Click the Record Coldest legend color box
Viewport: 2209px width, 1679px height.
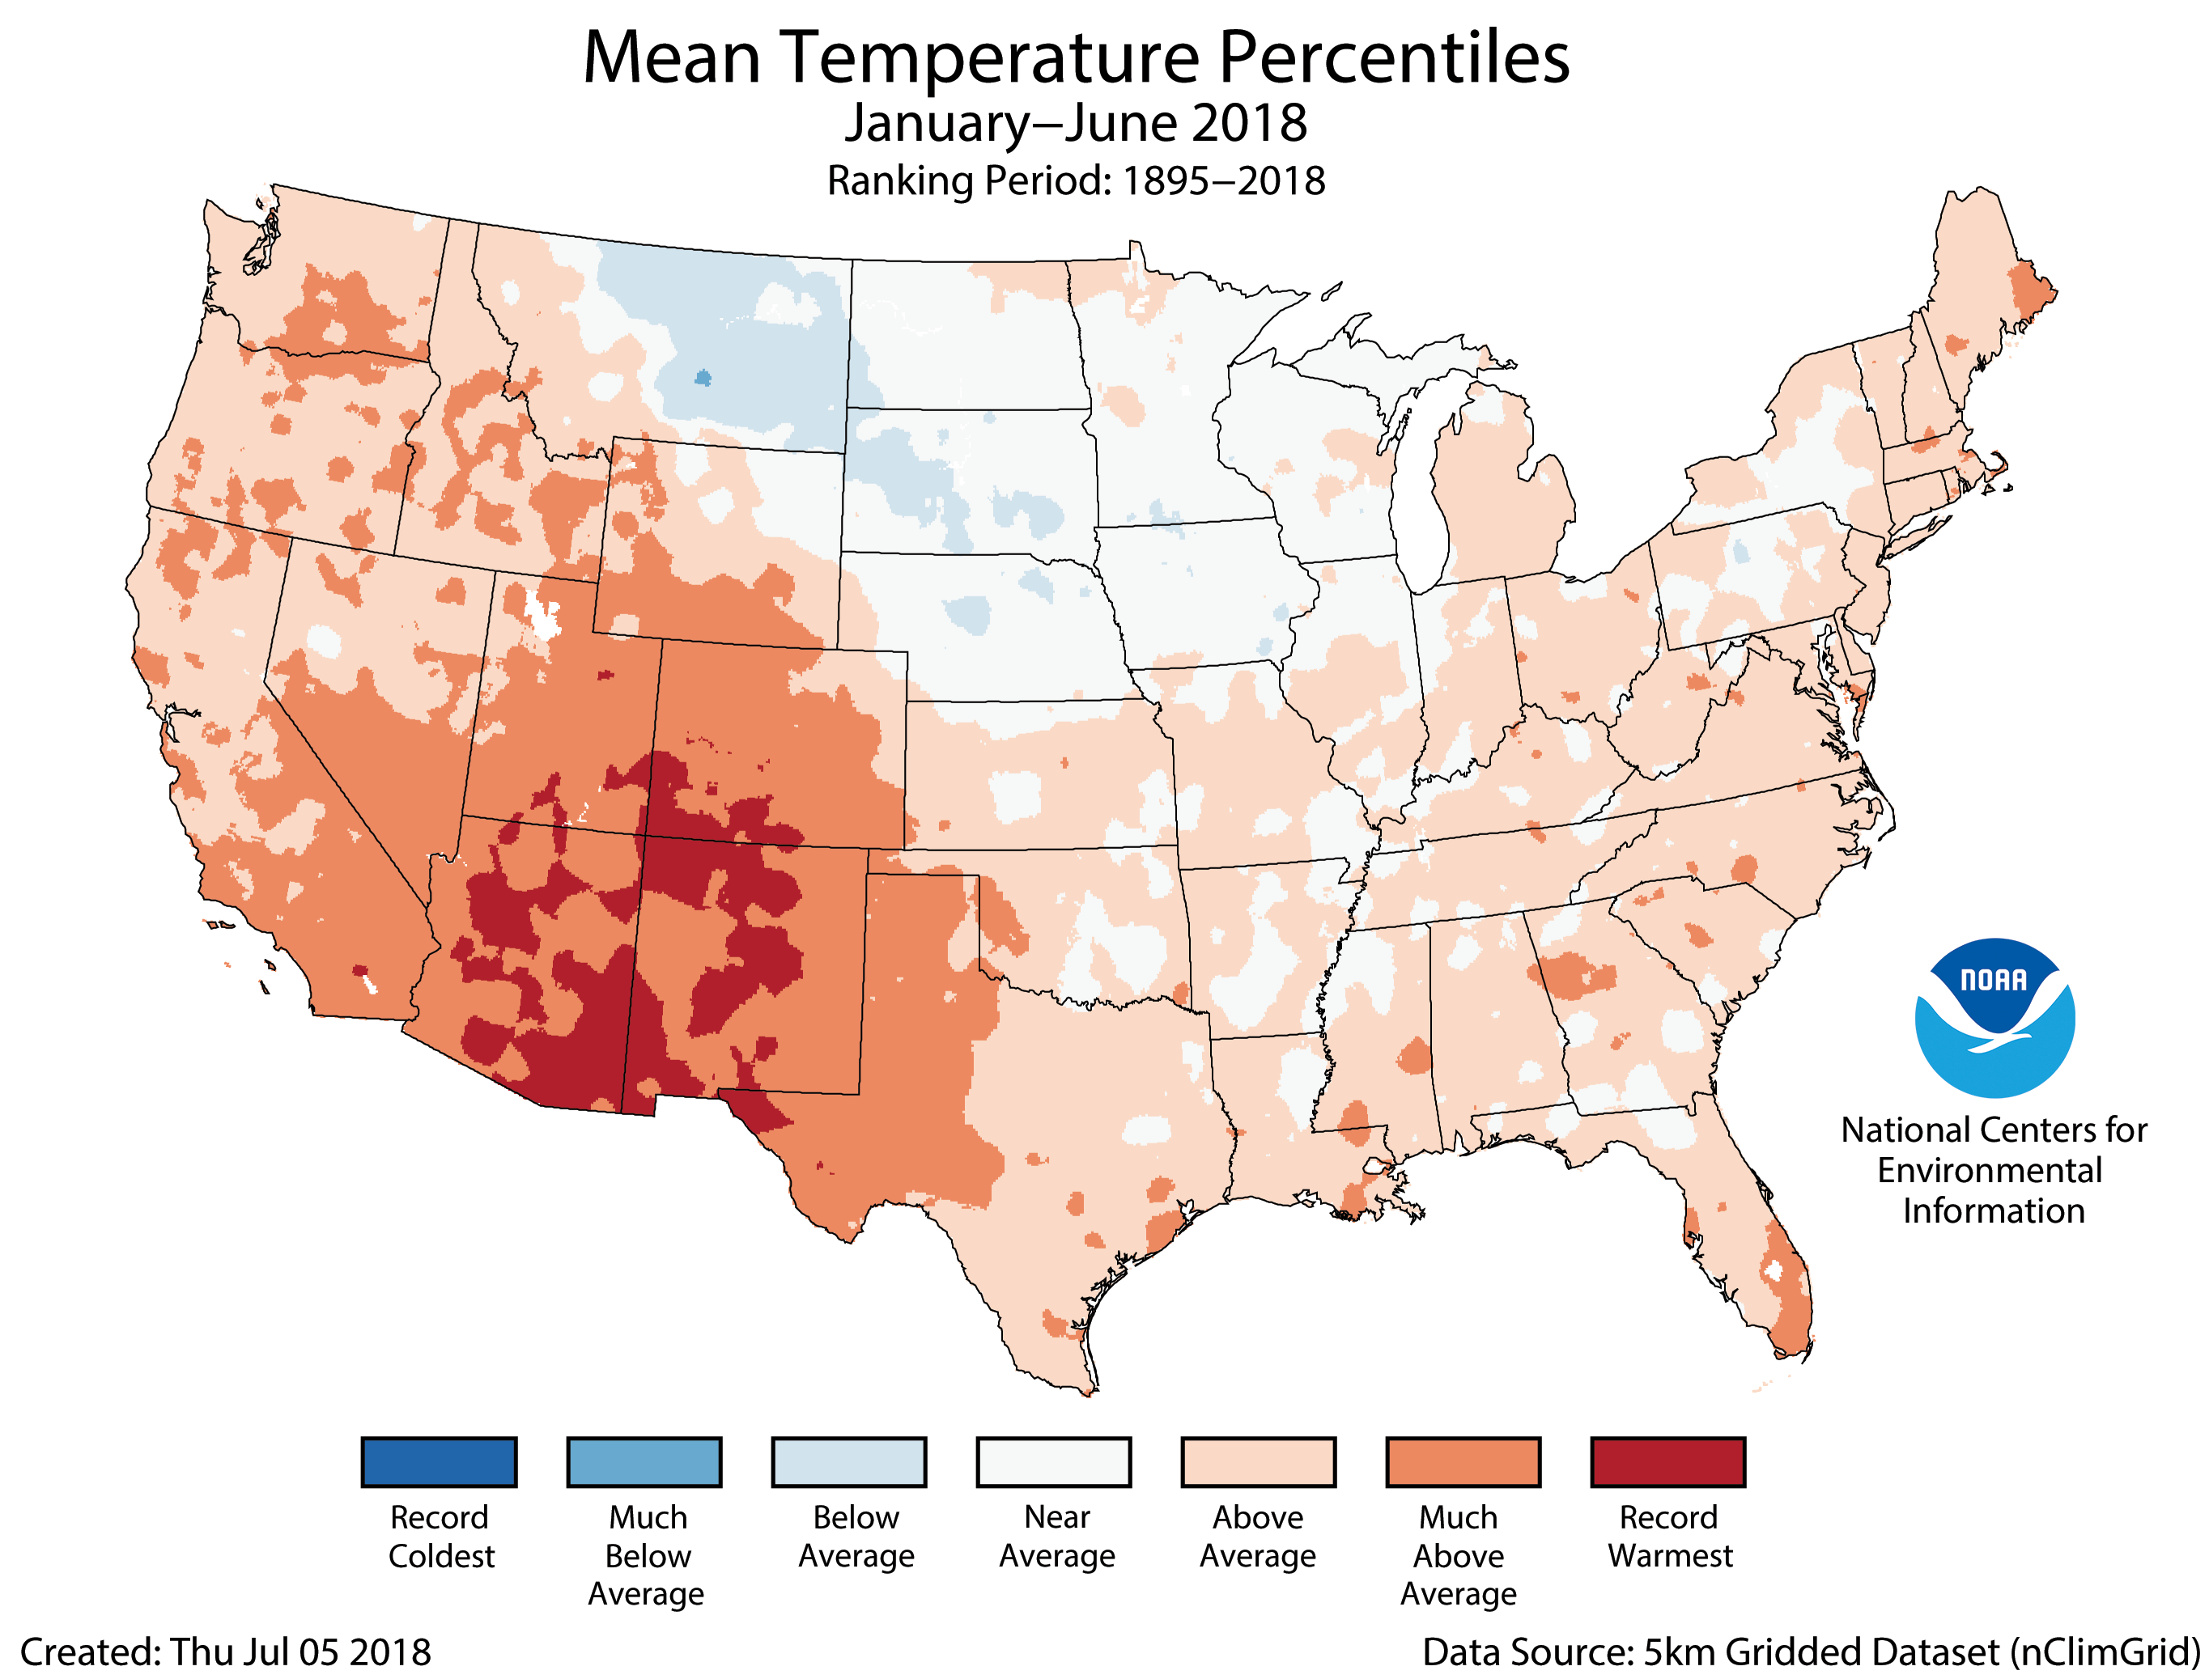439,1462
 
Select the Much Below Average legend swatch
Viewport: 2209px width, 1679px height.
644,1462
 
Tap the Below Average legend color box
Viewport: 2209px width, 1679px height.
848,1462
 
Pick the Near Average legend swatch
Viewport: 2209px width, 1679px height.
1054,1462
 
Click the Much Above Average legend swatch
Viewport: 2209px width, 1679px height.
1463,1462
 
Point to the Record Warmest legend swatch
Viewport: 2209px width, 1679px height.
1667,1462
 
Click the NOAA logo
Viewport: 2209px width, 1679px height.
1995,1016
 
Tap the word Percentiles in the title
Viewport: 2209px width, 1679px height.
1395,58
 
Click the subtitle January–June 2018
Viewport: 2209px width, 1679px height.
1076,123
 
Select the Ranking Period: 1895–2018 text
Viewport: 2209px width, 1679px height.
1076,181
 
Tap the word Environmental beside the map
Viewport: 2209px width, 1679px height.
1989,1170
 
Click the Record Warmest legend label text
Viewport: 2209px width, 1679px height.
1669,1536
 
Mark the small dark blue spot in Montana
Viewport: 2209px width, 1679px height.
703,378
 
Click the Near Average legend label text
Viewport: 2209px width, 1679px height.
1056,1536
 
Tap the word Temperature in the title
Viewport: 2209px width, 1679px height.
988,58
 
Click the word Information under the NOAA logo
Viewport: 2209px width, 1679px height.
1993,1211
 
